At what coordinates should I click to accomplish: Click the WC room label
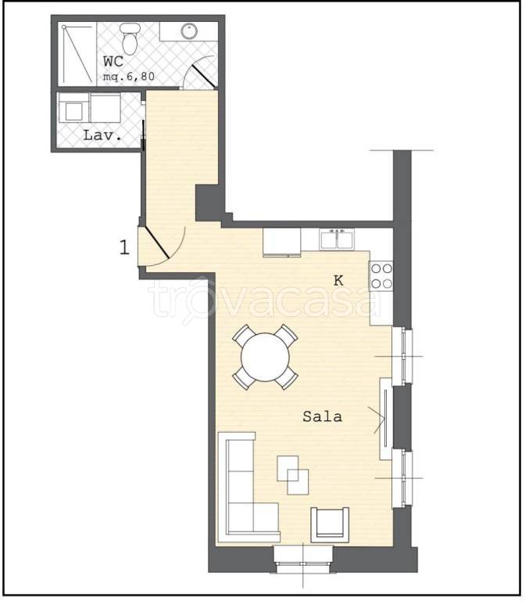coord(113,61)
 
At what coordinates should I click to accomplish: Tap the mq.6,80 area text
coord(129,76)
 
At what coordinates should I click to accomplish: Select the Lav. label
coord(102,135)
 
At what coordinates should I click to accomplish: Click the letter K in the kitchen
coord(338,281)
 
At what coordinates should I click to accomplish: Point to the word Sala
coord(322,416)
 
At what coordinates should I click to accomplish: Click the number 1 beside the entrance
coord(125,247)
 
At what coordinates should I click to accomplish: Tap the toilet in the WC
coord(130,38)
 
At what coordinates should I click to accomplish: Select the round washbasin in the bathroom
coord(189,31)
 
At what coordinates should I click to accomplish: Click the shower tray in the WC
coord(77,54)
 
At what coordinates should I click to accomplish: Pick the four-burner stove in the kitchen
coord(381,276)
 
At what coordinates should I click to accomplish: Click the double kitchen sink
coord(337,239)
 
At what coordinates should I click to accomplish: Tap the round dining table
coord(265,357)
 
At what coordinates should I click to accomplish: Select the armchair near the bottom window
coord(330,525)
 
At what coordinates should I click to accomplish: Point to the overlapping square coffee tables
coord(293,475)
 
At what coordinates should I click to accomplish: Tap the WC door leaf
coord(203,75)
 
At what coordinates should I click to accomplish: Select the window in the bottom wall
coord(303,559)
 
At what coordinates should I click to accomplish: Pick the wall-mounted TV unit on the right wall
coord(385,419)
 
